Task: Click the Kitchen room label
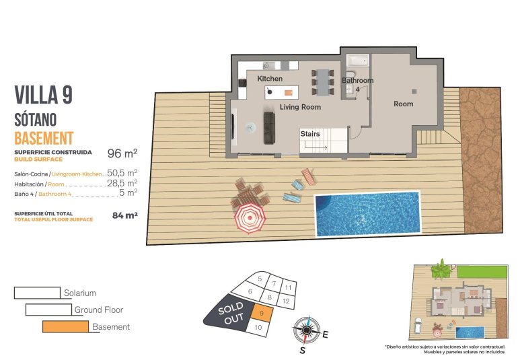point(270,79)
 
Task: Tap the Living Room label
point(300,107)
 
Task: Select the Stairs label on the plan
point(310,134)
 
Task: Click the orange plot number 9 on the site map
point(260,313)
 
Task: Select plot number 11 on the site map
point(287,287)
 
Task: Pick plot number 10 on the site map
point(258,327)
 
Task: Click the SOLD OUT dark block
point(231,314)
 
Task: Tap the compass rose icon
point(306,330)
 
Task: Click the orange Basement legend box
point(65,327)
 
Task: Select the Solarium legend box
point(37,293)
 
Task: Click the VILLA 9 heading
point(43,95)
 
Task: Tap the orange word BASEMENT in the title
point(43,139)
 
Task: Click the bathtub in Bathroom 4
point(357,61)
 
